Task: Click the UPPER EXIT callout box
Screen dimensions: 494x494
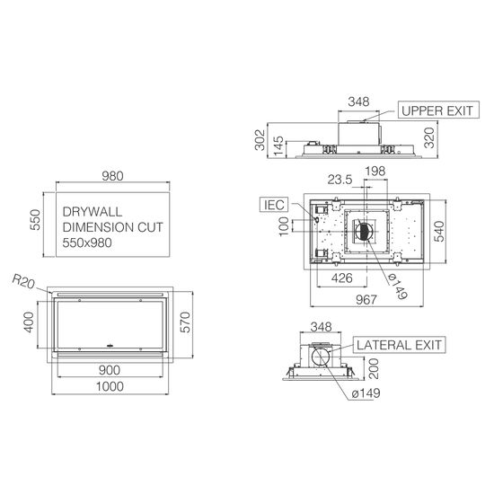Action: [438, 110]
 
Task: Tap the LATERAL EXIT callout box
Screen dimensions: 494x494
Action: [399, 345]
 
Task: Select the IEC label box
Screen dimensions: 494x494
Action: [274, 205]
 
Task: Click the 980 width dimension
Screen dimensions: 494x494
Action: [112, 176]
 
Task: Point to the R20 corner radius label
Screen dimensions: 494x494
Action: [23, 281]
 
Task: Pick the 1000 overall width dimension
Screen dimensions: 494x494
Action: [110, 386]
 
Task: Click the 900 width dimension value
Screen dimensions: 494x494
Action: [110, 370]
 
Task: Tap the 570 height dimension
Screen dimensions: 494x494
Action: [185, 322]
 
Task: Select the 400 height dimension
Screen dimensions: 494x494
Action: [29, 322]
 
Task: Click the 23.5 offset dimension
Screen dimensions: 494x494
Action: [340, 180]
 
